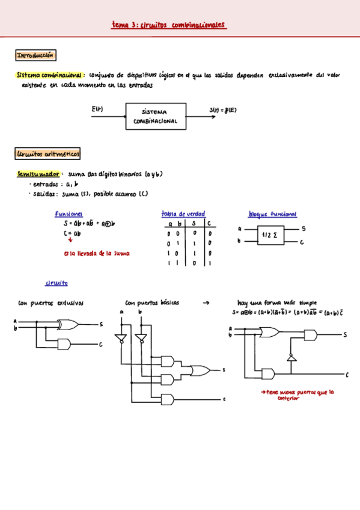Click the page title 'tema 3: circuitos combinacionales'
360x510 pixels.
(168, 25)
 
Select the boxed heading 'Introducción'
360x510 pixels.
(35, 56)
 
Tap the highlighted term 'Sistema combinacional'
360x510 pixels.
(50, 76)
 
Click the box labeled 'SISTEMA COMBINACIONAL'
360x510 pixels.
(159, 116)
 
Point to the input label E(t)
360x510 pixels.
(97, 108)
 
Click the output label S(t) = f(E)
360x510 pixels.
(224, 109)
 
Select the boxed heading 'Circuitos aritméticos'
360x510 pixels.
(48, 155)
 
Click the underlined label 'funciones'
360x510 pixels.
(69, 214)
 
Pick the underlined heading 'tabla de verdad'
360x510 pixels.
(183, 214)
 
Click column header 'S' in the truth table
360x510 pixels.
(194, 224)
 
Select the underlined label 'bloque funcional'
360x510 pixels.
(272, 214)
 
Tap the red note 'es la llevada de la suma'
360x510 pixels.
(96, 253)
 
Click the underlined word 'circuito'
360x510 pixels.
(56, 283)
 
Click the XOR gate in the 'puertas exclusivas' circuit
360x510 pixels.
(67, 325)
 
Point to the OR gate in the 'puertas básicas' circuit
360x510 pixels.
(199, 370)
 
